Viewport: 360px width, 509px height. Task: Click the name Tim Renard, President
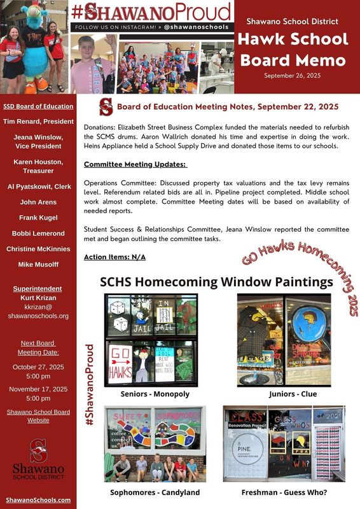pos(38,120)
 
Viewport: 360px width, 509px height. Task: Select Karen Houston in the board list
pos(38,162)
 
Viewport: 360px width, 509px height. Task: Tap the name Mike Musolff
pos(38,263)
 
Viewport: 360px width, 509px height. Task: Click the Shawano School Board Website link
pos(38,416)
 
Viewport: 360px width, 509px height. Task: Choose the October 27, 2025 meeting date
pos(38,366)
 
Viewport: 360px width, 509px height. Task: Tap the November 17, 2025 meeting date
pos(38,389)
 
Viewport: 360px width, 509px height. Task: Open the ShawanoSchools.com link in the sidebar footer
pos(38,500)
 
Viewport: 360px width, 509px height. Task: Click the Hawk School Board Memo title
pos(293,50)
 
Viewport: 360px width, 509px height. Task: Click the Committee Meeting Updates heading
pos(135,164)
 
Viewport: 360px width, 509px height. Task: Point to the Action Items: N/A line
pos(114,256)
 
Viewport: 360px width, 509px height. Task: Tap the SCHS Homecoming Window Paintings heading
pos(217,281)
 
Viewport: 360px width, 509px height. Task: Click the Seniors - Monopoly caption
pos(155,394)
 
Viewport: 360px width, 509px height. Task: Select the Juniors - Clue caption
pos(293,394)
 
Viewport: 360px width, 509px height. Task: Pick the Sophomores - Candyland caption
pos(155,492)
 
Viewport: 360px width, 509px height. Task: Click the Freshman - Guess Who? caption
pos(284,492)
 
